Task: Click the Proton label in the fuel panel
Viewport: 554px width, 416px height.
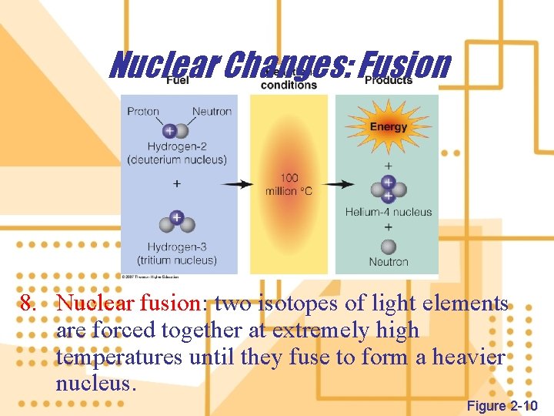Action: [143, 111]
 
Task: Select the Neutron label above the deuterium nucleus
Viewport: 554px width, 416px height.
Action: [212, 111]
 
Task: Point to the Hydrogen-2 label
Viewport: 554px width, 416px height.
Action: [177, 146]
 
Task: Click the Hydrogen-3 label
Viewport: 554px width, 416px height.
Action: [177, 247]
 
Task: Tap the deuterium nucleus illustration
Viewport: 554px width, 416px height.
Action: [175, 131]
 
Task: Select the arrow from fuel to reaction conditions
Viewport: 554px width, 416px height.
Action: [236, 185]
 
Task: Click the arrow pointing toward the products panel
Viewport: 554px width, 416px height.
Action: [339, 185]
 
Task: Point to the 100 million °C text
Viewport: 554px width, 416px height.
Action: [289, 184]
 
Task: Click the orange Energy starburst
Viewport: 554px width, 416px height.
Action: [389, 127]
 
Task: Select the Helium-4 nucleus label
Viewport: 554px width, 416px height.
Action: [389, 212]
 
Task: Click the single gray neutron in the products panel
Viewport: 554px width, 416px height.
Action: [389, 247]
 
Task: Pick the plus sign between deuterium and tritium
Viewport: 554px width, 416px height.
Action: [177, 183]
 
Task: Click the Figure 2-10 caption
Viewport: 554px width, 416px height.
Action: [502, 406]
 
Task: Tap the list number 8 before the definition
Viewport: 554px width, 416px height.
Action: [28, 304]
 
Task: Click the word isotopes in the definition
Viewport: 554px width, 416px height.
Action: [286, 304]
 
